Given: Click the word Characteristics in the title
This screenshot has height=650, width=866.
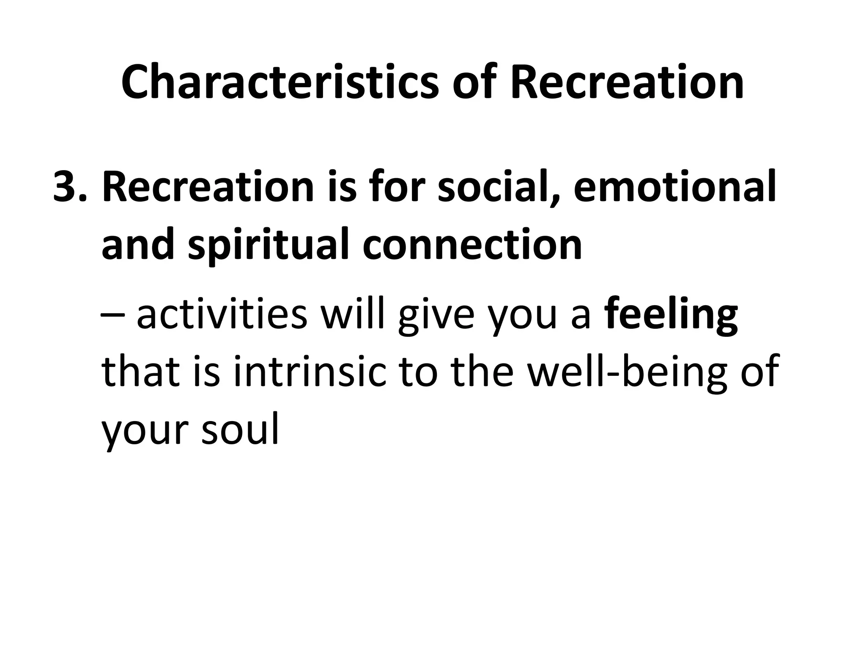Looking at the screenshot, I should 280,83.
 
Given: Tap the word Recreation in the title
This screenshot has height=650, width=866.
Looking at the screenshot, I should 627,83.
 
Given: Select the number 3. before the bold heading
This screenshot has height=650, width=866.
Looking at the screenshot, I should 70,187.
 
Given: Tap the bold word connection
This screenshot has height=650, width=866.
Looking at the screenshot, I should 472,245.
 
